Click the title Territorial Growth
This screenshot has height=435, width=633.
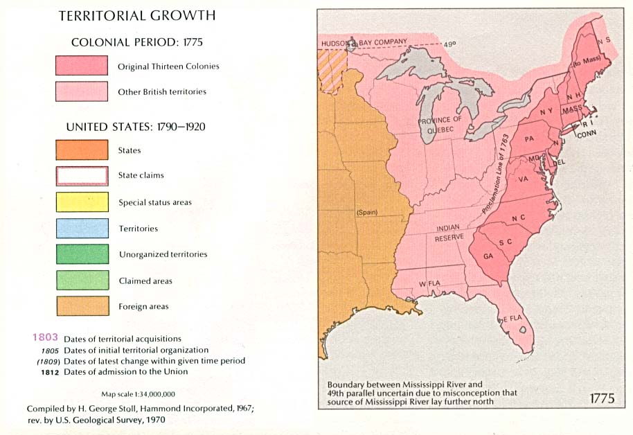(x=136, y=15)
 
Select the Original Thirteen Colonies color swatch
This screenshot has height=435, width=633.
(x=82, y=66)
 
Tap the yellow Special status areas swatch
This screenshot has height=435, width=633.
(x=82, y=202)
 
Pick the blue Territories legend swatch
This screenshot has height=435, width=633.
(x=82, y=228)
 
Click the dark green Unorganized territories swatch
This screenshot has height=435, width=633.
(x=82, y=254)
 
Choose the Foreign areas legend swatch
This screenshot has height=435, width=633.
(x=82, y=306)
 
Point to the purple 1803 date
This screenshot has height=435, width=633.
(x=45, y=338)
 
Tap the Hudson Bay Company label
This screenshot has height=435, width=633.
(x=364, y=42)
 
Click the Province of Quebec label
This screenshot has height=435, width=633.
(x=440, y=125)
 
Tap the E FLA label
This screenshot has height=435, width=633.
(x=512, y=318)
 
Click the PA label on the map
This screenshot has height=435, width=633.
(x=529, y=139)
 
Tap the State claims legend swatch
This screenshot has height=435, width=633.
(x=82, y=175)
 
